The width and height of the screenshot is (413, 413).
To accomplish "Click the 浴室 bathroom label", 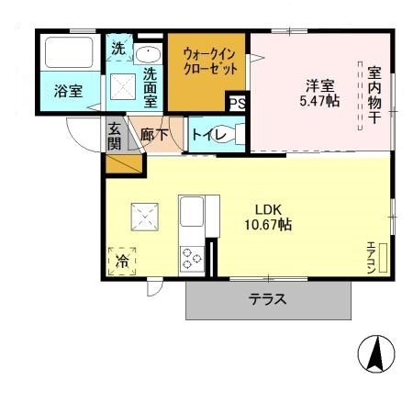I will pos(68,92).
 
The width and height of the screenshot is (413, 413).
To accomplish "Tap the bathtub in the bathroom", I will pos(68,53).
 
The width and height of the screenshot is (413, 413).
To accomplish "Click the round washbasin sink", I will pos(147,52).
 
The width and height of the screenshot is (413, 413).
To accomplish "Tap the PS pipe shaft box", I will pos(239,103).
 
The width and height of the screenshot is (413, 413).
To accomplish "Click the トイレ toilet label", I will pos(204,134).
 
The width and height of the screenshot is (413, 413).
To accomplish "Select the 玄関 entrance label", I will pos(114,136).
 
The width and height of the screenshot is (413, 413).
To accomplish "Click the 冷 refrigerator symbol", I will pos(122,261).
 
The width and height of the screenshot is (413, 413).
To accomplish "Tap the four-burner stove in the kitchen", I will pos(192,257).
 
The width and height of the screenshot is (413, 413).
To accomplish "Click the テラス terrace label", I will pos(268,299).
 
